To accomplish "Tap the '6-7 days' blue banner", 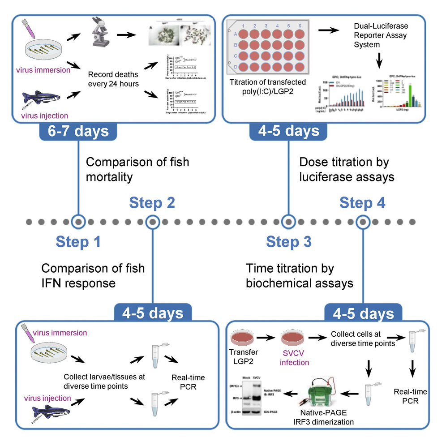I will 78,131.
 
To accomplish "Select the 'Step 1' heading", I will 78,242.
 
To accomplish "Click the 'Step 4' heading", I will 362,202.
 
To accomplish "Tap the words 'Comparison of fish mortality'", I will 137,169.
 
